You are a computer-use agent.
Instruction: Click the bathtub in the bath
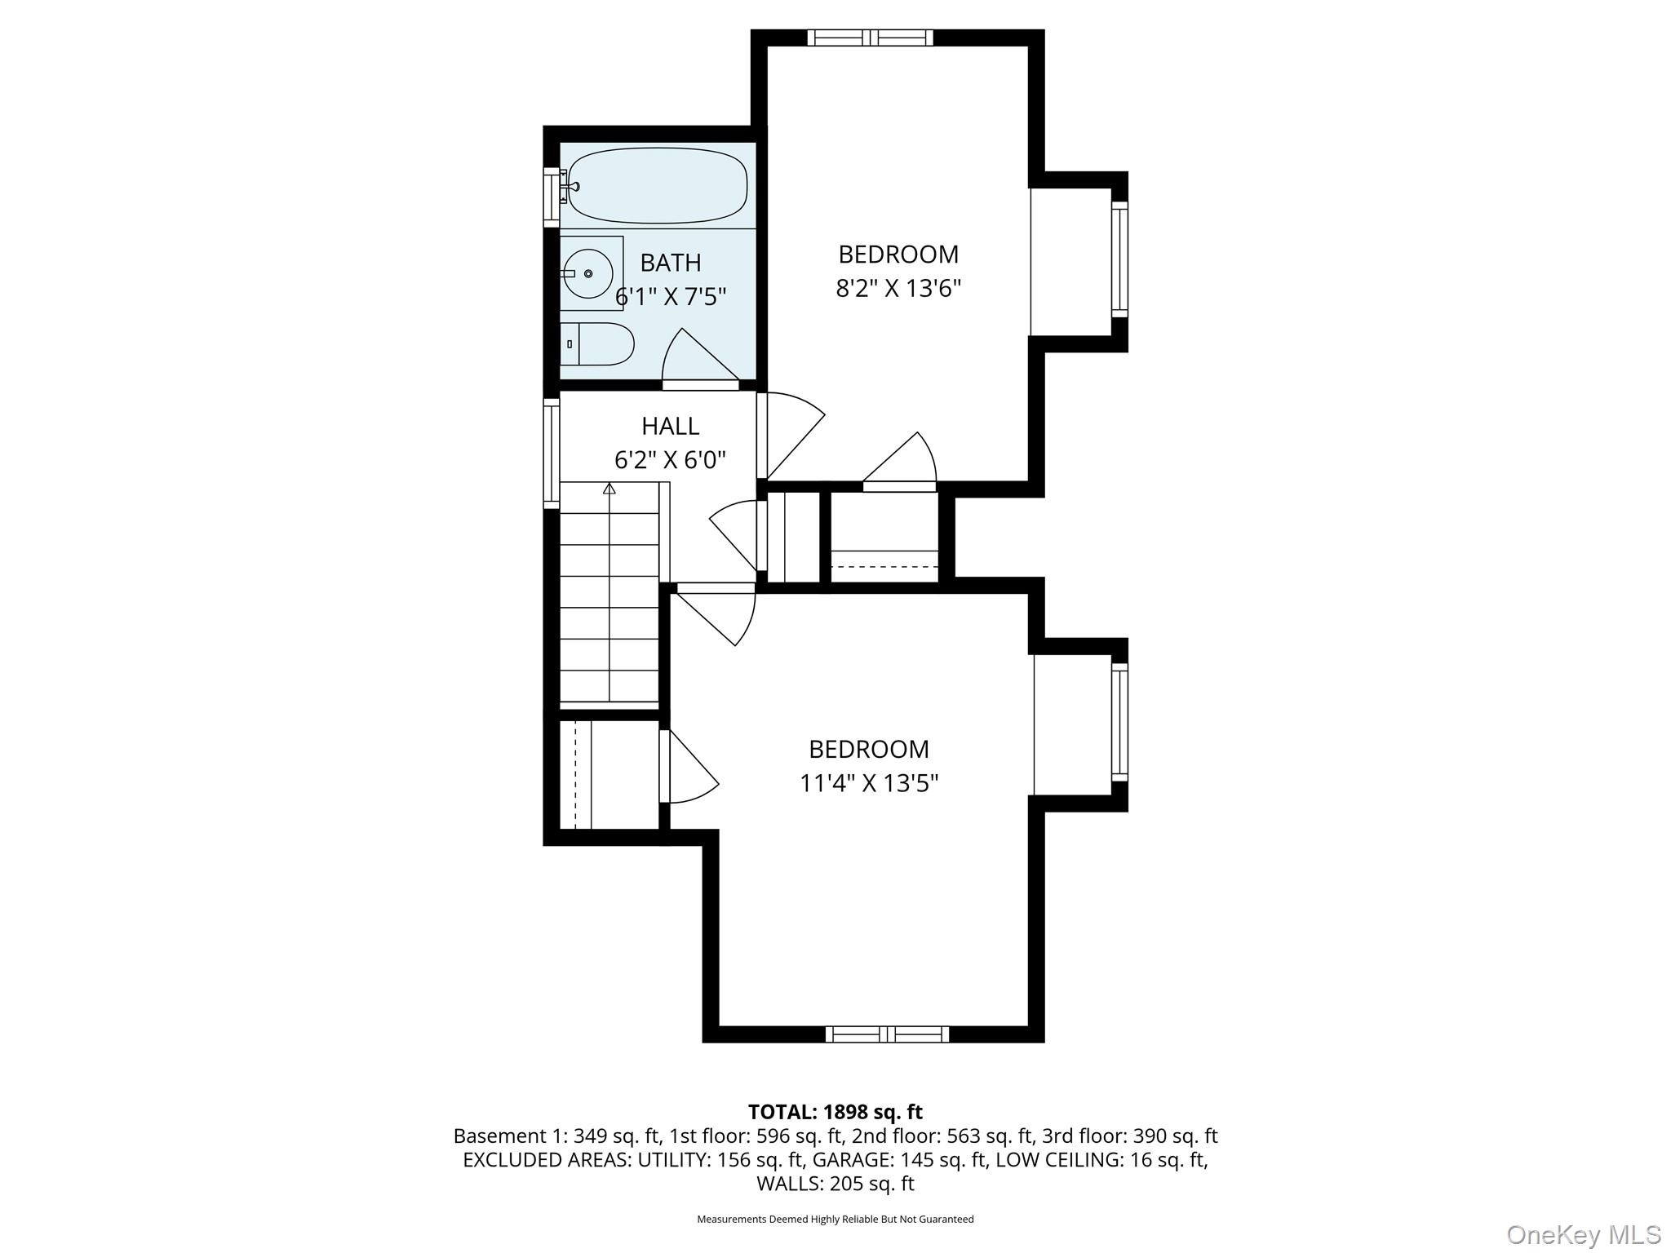pos(657,186)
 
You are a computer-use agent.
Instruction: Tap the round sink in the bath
pos(587,273)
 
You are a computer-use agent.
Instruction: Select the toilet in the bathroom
pos(598,343)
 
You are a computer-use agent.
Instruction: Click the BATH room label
pos(671,263)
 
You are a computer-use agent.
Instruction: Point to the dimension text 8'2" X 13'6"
pos(898,289)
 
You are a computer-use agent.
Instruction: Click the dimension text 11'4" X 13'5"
pos(869,783)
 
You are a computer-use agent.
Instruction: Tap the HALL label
pos(670,426)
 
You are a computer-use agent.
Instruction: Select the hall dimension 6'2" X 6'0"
pos(670,460)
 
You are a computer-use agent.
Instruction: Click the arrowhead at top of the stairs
pos(609,488)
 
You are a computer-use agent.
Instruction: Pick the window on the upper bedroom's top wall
pos(870,38)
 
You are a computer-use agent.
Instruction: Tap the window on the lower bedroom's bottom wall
pos(887,1034)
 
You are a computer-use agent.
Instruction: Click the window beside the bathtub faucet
pos(552,197)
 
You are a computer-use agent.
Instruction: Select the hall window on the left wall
pos(552,453)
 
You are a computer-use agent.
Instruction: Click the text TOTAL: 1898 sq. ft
pos(835,1112)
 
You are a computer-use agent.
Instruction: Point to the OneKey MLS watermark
pos(1583,1234)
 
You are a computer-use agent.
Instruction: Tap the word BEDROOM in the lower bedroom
pos(869,749)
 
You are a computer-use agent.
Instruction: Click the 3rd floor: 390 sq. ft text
pos(1129,1136)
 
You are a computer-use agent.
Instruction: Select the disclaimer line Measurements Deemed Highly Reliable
pos(835,1220)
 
